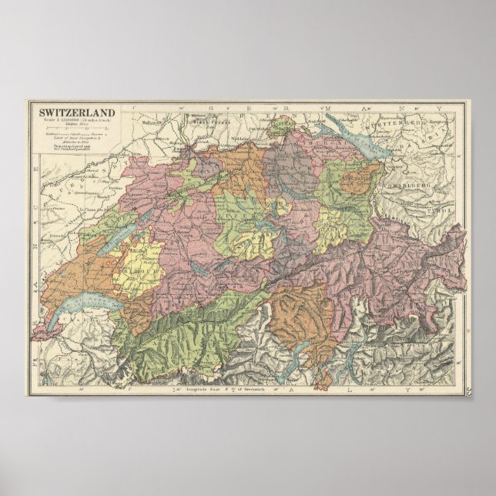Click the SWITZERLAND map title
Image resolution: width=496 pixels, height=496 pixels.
tap(74, 112)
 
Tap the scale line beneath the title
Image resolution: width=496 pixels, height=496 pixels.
tap(74, 120)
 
